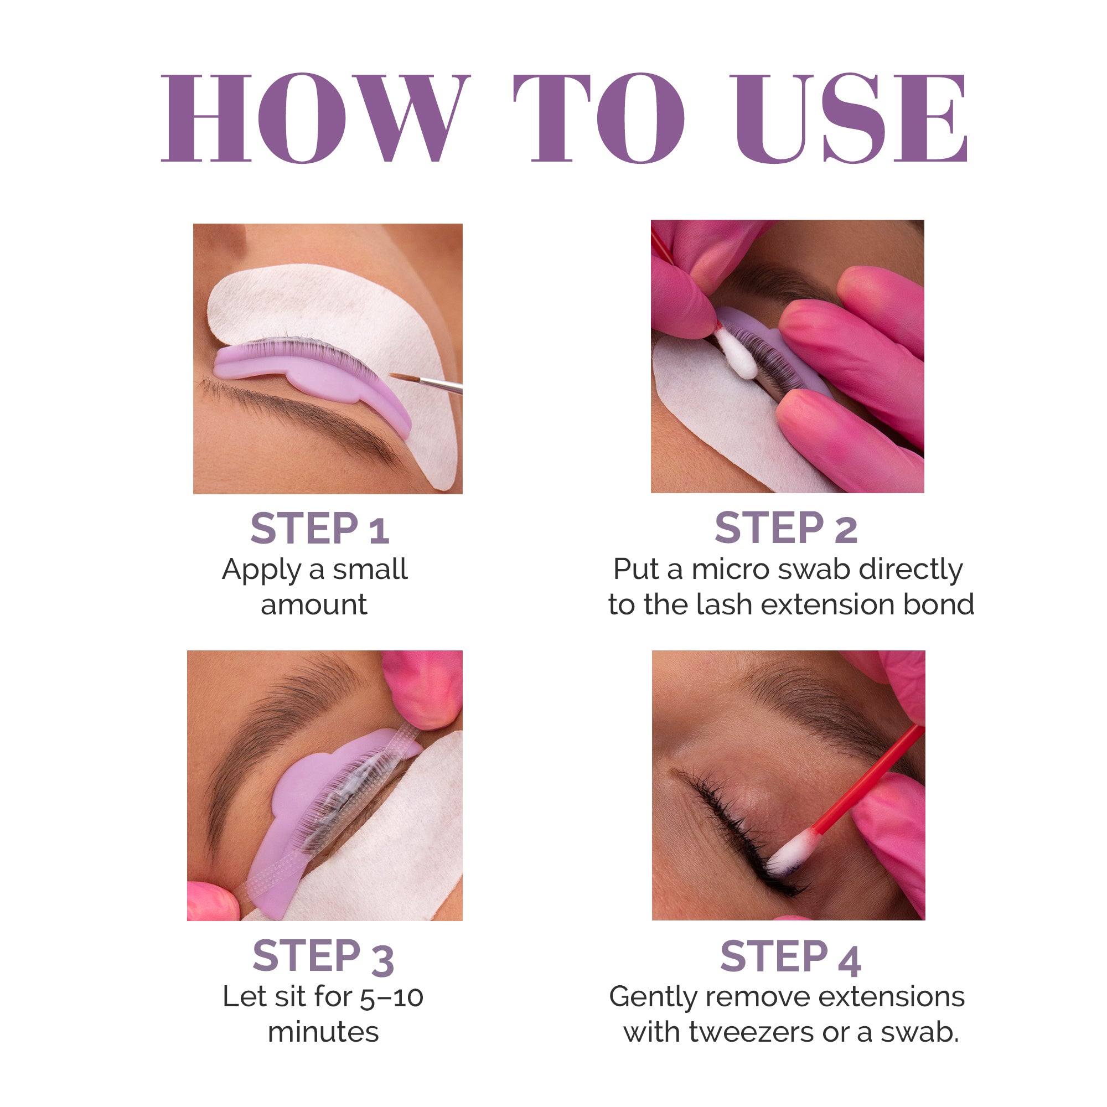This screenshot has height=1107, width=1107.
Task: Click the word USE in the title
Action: point(851,117)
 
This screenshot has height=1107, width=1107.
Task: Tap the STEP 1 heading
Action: point(320,528)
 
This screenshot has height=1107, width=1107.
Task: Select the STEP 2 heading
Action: point(785,527)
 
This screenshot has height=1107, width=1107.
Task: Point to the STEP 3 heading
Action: point(323,956)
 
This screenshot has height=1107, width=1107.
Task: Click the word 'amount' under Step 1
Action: point(314,604)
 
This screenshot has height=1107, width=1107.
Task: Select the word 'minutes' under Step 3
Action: point(323,1032)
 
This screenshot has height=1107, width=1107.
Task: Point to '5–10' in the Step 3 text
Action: point(392,997)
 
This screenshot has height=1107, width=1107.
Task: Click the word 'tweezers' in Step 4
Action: point(751,1032)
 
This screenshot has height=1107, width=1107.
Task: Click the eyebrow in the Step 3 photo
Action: point(275,733)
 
